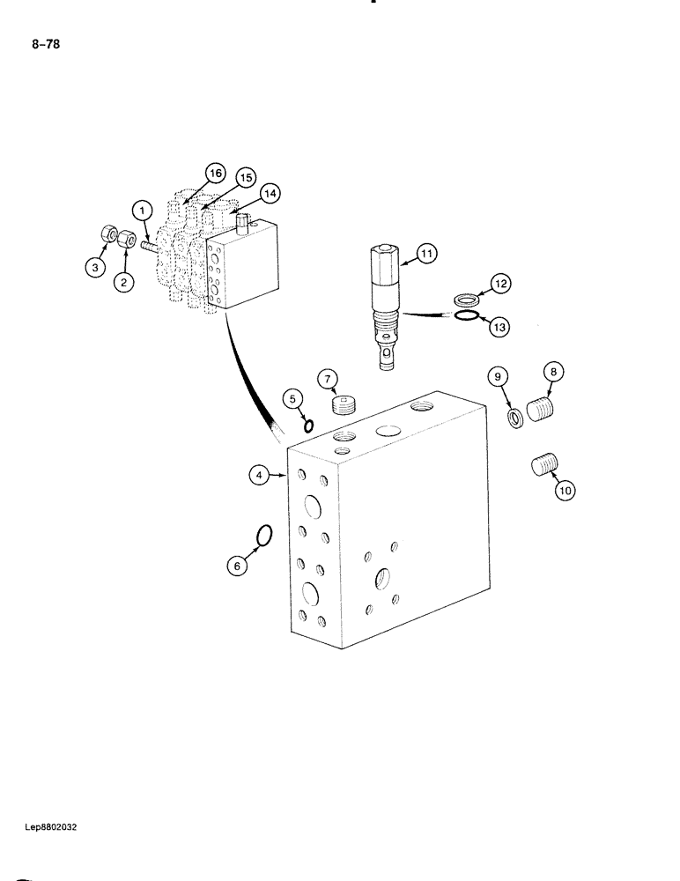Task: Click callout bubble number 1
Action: tap(141, 210)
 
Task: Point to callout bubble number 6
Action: tap(236, 567)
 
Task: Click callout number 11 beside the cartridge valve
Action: tap(426, 255)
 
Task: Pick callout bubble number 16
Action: tap(213, 173)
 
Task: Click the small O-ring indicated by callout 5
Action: tap(308, 426)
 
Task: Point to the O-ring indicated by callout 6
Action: tap(263, 534)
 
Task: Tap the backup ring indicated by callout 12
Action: tap(465, 300)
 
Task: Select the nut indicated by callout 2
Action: tap(126, 238)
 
